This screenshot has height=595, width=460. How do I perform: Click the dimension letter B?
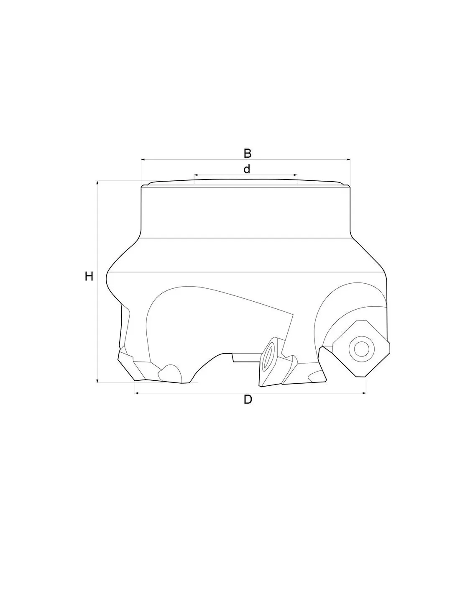(248, 153)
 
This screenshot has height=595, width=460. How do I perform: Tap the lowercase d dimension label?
(247, 169)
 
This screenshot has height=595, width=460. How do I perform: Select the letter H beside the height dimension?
(89, 277)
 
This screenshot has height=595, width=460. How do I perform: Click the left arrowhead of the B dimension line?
(143, 159)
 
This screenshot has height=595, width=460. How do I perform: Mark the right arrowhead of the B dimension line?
(348, 159)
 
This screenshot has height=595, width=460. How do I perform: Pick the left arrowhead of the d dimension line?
(196, 175)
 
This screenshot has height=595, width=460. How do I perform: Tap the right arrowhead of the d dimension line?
(295, 175)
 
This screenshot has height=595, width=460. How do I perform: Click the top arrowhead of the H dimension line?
(97, 182)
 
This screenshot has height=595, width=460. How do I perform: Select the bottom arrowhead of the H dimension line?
(97, 381)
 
